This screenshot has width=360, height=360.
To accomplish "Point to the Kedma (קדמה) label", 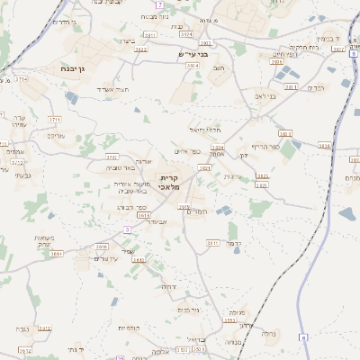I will pyautogui.click(x=238, y=243).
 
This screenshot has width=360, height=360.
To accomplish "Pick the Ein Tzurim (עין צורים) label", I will pyautogui.click(x=107, y=258).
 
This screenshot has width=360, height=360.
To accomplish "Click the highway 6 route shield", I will pyautogui.click(x=304, y=337).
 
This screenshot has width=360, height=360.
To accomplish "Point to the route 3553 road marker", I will pyautogui.click(x=229, y=320).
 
